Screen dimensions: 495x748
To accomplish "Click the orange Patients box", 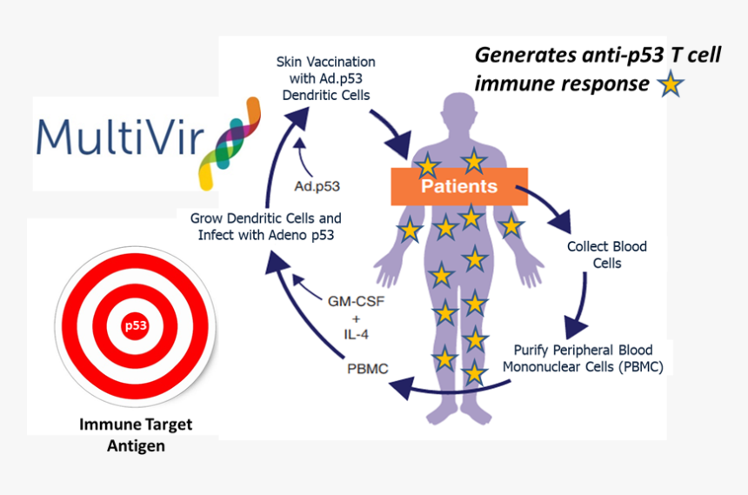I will [458, 186].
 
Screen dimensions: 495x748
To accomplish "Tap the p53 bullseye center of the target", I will [135, 326].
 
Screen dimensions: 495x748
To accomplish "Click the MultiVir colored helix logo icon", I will [229, 143].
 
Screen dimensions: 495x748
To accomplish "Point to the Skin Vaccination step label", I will [326, 78].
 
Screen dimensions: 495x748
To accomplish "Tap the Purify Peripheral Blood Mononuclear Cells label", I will [583, 358].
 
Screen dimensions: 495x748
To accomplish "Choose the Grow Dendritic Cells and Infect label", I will [266, 225].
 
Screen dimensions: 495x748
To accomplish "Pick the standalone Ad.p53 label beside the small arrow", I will [317, 186].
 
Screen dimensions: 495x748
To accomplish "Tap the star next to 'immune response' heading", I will [670, 85].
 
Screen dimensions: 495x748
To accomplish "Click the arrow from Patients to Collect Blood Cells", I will [548, 204].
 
